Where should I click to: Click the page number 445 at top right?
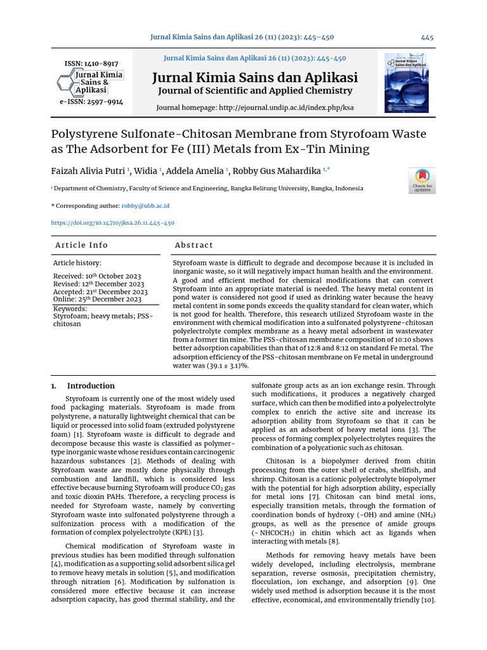pos(427,37)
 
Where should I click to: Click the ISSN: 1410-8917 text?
pos(91,64)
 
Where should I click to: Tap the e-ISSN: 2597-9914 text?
pos(91,102)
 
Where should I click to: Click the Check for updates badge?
pos(422,180)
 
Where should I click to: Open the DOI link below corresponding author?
pos(112,223)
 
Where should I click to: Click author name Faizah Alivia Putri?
pos(88,171)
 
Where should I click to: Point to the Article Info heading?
pos(81,245)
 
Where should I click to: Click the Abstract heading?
pos(194,245)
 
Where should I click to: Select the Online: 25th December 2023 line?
pos(97,299)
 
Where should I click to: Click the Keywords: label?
pos(70,308)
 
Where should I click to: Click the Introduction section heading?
pos(91,385)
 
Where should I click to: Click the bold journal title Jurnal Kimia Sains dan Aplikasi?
pos(255,78)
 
